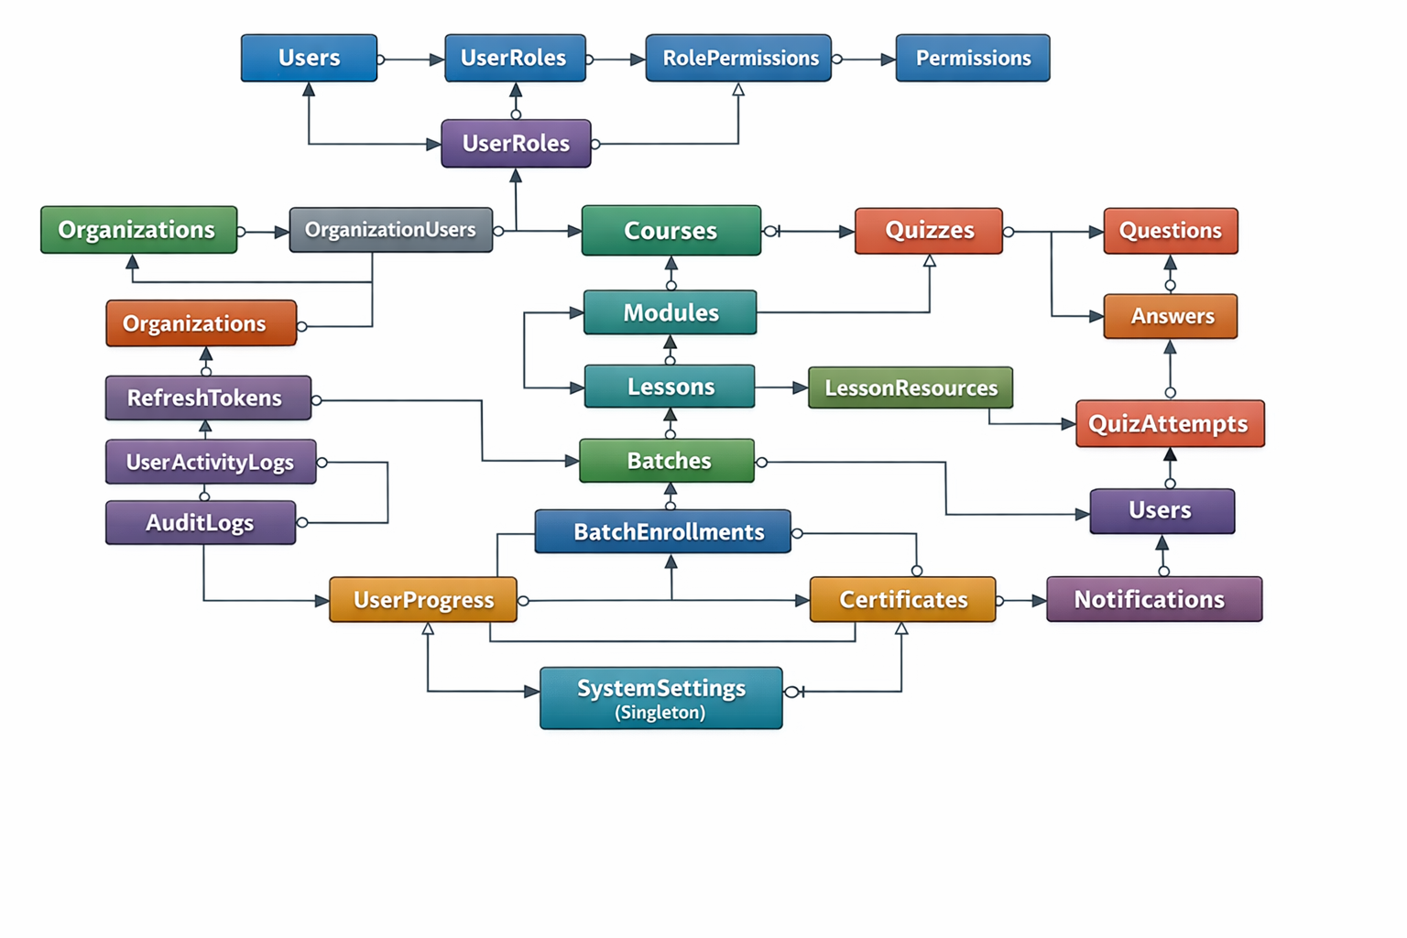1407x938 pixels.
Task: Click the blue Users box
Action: pos(309,58)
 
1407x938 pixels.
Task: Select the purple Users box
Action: pos(1162,510)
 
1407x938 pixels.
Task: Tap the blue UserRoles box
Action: pos(515,58)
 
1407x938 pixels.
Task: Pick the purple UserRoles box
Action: pos(516,143)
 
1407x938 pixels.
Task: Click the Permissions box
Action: pos(973,58)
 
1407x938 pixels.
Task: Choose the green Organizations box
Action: pos(138,229)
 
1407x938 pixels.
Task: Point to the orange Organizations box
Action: pos(201,323)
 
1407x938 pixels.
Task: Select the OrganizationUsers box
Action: pos(391,229)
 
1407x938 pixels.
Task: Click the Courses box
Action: pos(671,230)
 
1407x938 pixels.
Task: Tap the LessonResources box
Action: pos(911,387)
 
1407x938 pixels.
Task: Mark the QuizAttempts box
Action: pos(1170,423)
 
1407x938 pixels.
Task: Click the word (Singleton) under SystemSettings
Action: pos(660,713)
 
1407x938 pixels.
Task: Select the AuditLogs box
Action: pos(201,522)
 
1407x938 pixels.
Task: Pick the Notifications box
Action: pos(1154,599)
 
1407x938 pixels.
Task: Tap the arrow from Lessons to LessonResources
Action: pos(781,387)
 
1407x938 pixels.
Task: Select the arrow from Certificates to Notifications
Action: pos(1021,601)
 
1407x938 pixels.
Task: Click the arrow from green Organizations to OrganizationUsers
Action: pos(264,232)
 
